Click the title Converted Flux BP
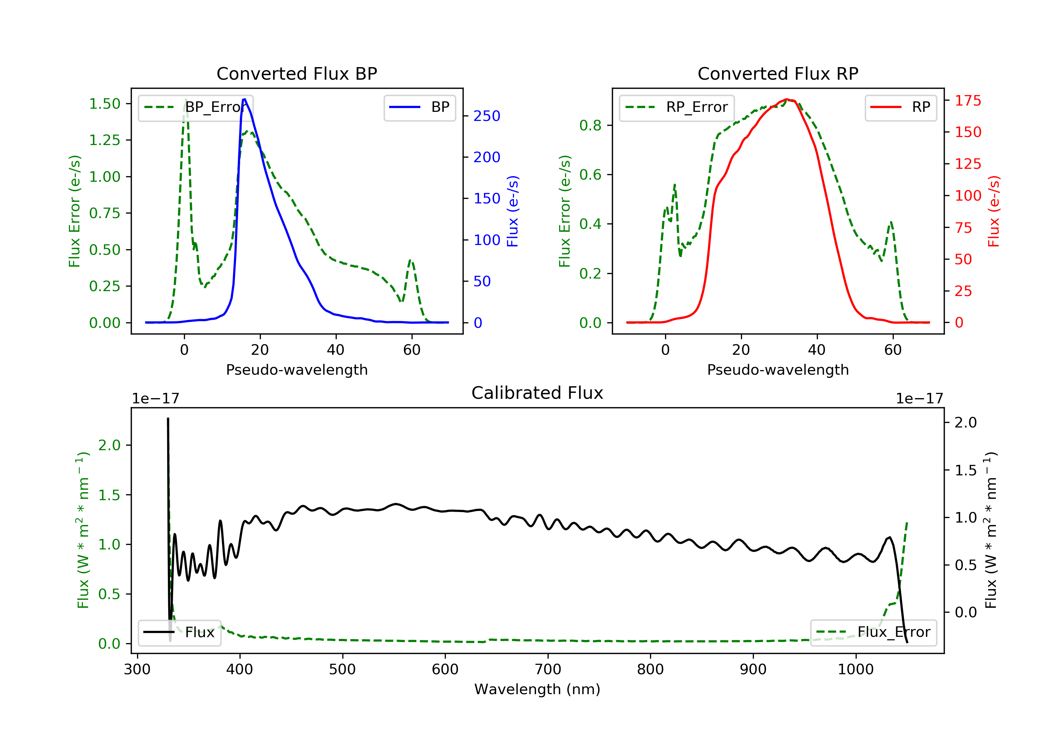pyautogui.click(x=297, y=73)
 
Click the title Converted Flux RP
pyautogui.click(x=778, y=73)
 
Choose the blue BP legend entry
pyautogui.click(x=419, y=107)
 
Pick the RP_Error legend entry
pyautogui.click(x=677, y=107)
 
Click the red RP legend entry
pyautogui.click(x=900, y=107)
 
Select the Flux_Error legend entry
pyautogui.click(x=873, y=632)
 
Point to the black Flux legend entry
pyautogui.click(x=180, y=632)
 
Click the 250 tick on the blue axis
pyautogui.click(x=487, y=116)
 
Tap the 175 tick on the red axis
pyautogui.click(x=968, y=100)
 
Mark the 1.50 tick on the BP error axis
pyautogui.click(x=105, y=104)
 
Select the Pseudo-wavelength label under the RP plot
pyautogui.click(x=778, y=369)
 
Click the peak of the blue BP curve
pyautogui.click(x=244, y=99)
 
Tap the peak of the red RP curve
pyautogui.click(x=786, y=99)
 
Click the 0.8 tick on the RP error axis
pyautogui.click(x=590, y=125)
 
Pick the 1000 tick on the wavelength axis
pyautogui.click(x=855, y=670)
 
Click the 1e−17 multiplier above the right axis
pyautogui.click(x=919, y=399)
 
